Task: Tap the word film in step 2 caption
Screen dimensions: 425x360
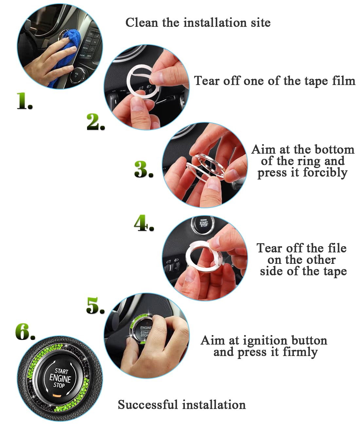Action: point(344,80)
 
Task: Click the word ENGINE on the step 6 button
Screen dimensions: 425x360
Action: point(60,378)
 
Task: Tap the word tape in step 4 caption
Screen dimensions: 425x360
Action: point(334,271)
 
